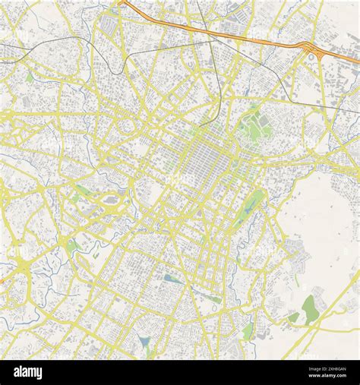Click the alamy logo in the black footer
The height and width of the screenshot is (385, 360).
point(30,372)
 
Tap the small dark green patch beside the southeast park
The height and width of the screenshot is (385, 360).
point(292,317)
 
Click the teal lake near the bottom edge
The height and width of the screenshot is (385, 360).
point(144,343)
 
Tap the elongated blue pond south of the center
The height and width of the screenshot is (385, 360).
point(174,279)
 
